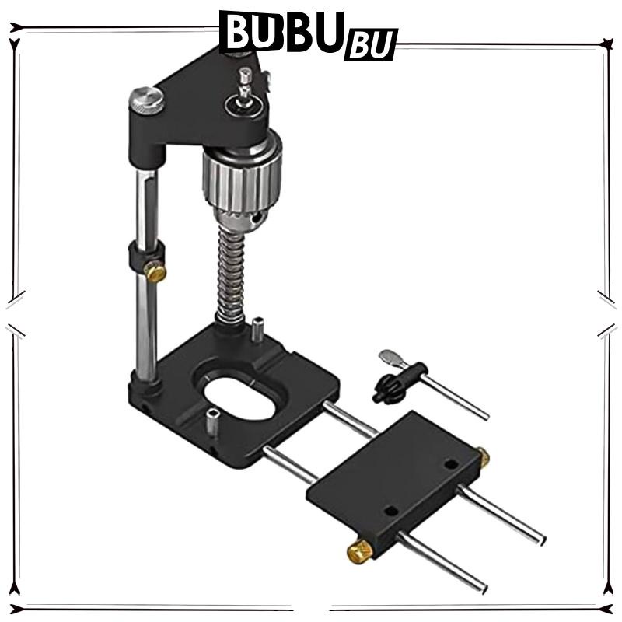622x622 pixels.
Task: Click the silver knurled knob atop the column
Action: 146,101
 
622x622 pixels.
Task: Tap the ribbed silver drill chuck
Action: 243,179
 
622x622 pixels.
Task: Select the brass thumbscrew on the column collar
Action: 155,271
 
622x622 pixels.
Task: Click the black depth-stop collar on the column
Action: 146,255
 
